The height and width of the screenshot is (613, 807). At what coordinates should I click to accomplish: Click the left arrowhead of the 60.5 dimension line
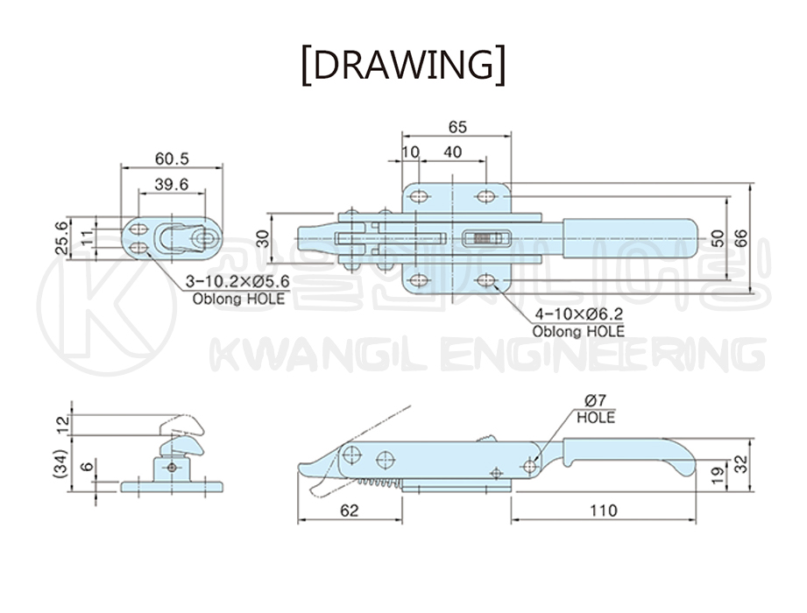(124, 166)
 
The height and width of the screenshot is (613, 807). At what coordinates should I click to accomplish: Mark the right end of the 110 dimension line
(696, 520)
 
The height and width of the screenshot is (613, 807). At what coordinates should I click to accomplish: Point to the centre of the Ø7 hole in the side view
(529, 466)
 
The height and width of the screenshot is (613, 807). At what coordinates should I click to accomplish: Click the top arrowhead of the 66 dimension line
(751, 186)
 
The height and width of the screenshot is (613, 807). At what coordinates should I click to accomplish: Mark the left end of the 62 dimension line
(298, 520)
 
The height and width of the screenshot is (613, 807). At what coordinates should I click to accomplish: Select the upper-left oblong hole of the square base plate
(420, 196)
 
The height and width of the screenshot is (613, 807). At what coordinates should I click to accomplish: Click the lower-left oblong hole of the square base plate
(420, 281)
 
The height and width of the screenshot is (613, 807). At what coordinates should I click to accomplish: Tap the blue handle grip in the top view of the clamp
(630, 238)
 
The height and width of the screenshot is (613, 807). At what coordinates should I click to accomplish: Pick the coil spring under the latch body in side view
(379, 483)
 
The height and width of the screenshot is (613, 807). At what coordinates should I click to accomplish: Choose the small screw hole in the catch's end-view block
(172, 468)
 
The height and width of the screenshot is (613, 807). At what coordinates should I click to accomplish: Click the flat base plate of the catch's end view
(172, 487)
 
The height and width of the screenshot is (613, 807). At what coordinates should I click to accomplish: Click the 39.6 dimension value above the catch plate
(172, 184)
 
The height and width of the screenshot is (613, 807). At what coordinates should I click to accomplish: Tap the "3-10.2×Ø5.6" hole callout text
(237, 282)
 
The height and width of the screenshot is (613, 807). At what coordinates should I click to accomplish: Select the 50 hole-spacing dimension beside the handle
(718, 238)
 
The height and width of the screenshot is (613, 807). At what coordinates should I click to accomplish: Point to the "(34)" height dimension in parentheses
(60, 464)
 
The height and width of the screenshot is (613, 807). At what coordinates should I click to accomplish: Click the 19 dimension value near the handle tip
(718, 473)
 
